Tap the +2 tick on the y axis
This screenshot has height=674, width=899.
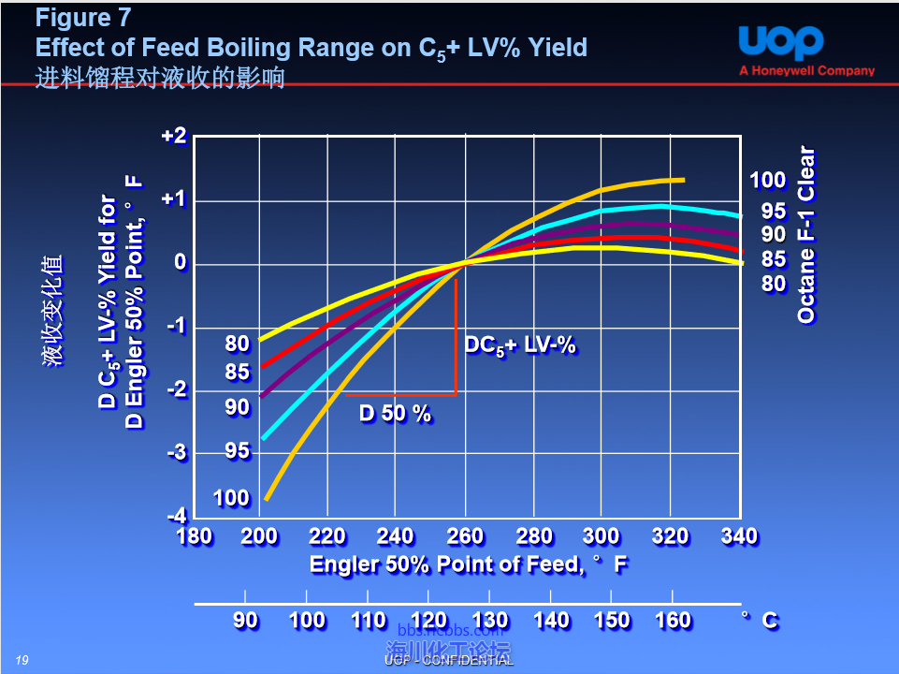click(x=175, y=137)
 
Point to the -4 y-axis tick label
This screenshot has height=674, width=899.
click(x=175, y=516)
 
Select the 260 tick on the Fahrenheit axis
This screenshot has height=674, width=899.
click(x=465, y=536)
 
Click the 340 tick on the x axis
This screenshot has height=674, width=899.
click(x=739, y=536)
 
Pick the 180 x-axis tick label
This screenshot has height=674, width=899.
click(x=194, y=536)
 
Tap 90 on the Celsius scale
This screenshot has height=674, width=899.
click(x=245, y=620)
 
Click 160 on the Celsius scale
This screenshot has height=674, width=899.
click(x=673, y=620)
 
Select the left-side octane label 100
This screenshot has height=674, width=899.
click(x=231, y=497)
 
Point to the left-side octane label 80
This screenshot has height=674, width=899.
click(x=238, y=344)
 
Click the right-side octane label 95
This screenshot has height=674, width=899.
click(x=774, y=212)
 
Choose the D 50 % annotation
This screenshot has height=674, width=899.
click(x=396, y=413)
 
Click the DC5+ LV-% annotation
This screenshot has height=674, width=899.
click(x=520, y=346)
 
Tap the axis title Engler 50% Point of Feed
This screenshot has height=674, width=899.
click(x=468, y=564)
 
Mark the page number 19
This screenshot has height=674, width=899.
click(x=22, y=660)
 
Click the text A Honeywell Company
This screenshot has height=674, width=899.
click(x=806, y=70)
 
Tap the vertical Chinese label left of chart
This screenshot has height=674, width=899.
click(x=53, y=309)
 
